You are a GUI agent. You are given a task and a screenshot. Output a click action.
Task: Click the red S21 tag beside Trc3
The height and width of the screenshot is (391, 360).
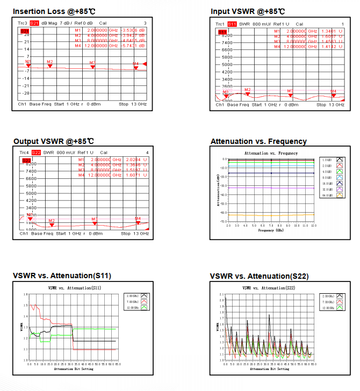(x=34, y=23)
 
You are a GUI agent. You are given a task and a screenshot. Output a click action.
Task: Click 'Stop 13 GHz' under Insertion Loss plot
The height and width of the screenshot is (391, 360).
(x=133, y=104)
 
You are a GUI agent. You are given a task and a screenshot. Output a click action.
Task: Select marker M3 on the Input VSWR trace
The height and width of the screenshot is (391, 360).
(x=290, y=93)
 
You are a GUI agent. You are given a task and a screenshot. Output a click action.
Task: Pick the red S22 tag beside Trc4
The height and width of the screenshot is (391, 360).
(x=36, y=153)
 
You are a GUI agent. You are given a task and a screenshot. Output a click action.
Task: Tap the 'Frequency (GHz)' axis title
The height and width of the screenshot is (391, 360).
(x=271, y=229)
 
